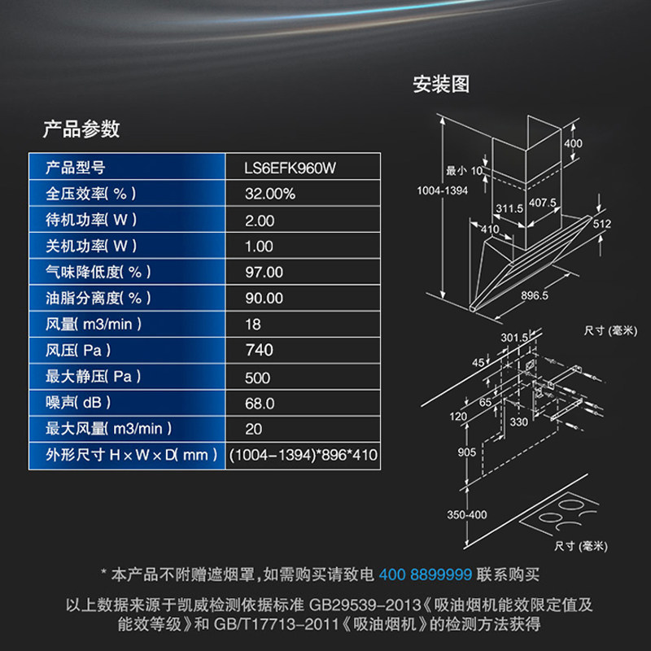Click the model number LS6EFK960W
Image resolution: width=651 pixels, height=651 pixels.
(x=291, y=168)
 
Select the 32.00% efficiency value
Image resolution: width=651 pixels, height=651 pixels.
(x=270, y=194)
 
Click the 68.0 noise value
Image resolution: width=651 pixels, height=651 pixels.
(x=260, y=403)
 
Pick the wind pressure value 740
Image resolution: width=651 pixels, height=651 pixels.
(x=260, y=351)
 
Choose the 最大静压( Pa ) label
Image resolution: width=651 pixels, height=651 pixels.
(x=94, y=377)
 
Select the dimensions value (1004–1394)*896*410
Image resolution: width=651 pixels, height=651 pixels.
(x=304, y=455)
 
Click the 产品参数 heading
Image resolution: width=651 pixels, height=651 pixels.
(x=81, y=128)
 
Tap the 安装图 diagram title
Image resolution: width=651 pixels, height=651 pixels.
(x=441, y=84)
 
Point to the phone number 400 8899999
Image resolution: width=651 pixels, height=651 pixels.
(x=425, y=574)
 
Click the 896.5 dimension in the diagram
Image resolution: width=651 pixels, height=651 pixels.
(x=534, y=296)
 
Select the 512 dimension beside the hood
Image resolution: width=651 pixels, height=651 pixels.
(x=601, y=223)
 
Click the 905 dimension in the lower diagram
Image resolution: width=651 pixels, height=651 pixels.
(x=466, y=452)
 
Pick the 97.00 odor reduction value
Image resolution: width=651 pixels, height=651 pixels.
(x=264, y=273)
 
